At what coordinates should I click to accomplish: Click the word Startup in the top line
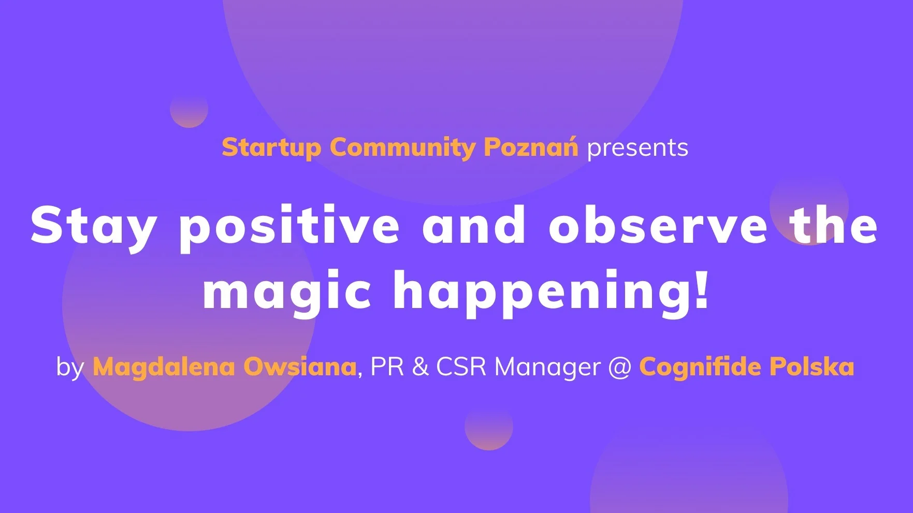(271, 148)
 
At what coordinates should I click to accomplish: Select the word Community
(402, 148)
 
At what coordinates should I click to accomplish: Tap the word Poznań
(531, 147)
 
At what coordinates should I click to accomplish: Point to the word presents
(637, 149)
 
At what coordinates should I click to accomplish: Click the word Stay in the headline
(94, 226)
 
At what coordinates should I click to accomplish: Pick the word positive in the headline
(289, 226)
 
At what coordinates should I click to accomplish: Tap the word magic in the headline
(287, 290)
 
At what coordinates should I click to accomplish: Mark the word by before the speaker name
(70, 368)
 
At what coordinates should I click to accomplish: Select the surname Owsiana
(300, 367)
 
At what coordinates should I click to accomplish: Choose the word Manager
(548, 368)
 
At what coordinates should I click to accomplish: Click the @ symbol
(620, 368)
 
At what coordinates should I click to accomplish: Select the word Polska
(811, 367)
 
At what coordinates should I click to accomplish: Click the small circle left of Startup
(189, 109)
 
